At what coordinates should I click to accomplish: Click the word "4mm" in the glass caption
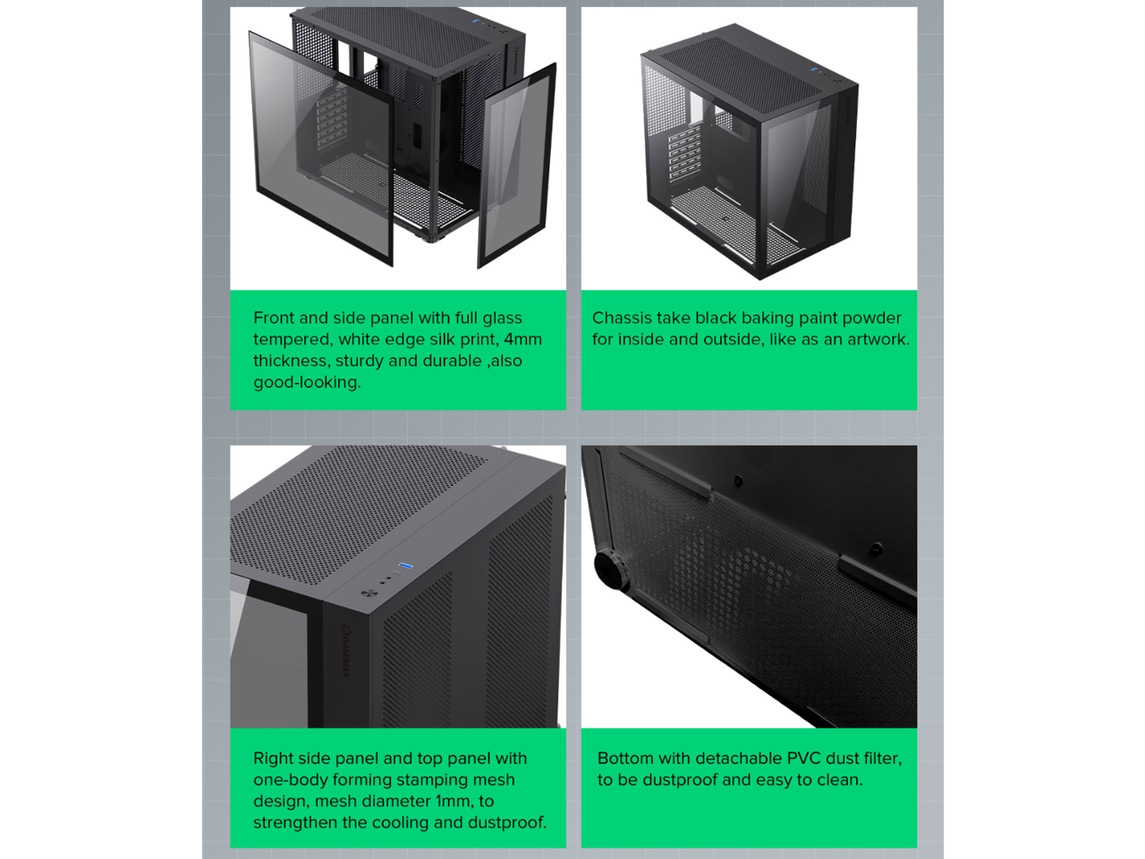tap(522, 339)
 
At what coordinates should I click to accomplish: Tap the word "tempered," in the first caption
tap(293, 339)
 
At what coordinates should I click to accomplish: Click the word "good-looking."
tap(307, 382)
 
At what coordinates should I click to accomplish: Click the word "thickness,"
tap(293, 361)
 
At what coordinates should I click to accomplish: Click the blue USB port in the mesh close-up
tap(405, 566)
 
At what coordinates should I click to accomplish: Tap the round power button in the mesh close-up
tap(369, 593)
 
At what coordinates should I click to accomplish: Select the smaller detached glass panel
tap(516, 166)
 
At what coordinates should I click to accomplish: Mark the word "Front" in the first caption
tap(274, 318)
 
